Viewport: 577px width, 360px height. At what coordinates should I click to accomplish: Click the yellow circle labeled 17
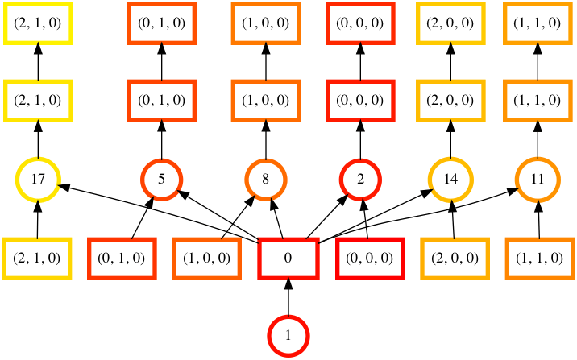click(x=38, y=180)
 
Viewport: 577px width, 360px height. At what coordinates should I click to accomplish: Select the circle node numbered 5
click(x=162, y=180)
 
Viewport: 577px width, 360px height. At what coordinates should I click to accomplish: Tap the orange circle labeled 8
click(x=266, y=180)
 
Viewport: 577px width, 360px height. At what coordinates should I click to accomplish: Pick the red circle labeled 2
click(x=359, y=180)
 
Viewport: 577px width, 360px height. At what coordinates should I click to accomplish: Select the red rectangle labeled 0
click(x=288, y=259)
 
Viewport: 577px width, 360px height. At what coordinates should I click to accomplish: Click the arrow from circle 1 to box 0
click(x=288, y=298)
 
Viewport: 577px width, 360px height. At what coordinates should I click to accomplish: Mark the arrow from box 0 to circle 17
click(x=161, y=213)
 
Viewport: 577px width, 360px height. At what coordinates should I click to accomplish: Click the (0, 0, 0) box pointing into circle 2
click(x=370, y=259)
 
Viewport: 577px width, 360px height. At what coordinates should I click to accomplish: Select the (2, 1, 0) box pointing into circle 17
click(x=38, y=259)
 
